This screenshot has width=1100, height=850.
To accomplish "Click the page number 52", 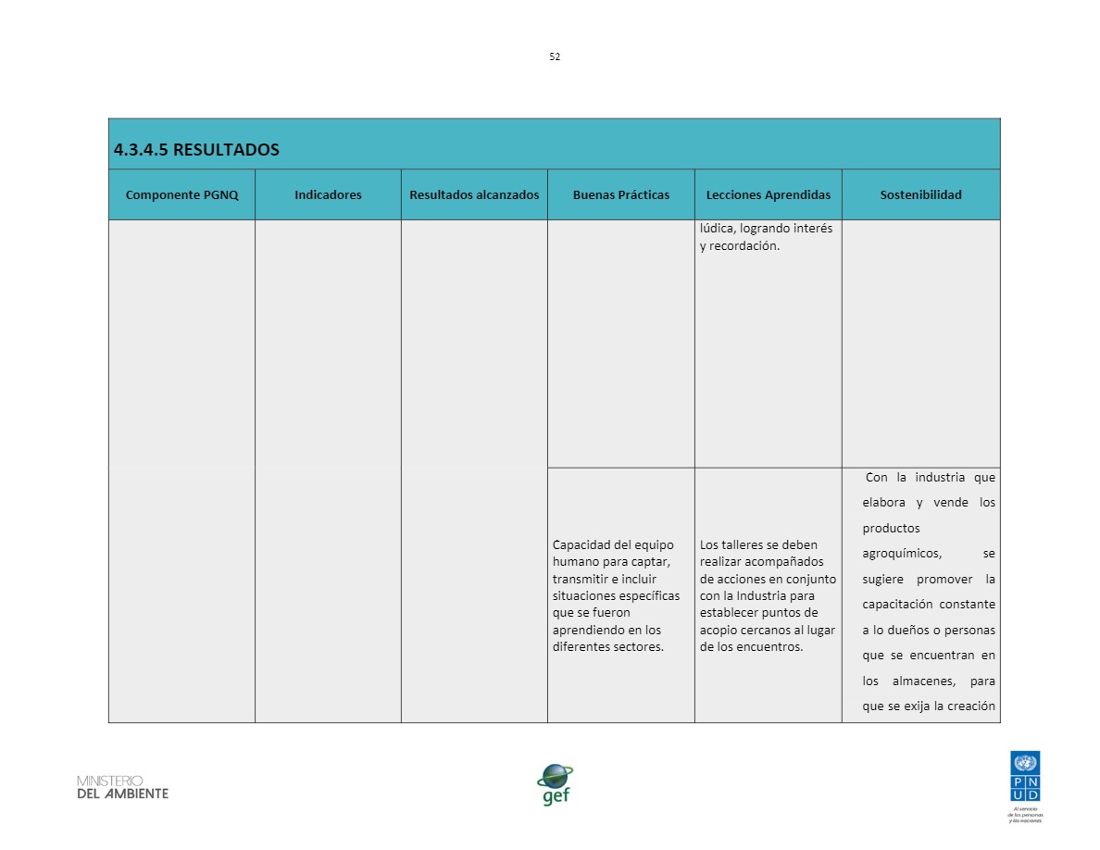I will tap(555, 56).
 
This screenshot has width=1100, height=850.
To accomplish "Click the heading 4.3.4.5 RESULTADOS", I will tap(195, 150).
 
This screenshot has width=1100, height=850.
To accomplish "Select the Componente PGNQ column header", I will tap(181, 194).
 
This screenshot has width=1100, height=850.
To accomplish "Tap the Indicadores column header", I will tap(328, 194).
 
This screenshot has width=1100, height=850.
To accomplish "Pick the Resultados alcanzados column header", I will tap(474, 194).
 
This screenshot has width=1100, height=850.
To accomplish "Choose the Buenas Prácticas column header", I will tap(620, 194).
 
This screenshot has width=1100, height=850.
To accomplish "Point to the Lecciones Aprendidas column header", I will tap(768, 194).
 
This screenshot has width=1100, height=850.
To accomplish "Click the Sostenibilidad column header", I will tap(920, 194).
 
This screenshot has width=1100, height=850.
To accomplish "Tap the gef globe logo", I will tap(555, 783).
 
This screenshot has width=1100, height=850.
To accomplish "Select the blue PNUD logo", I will tap(1025, 778).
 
